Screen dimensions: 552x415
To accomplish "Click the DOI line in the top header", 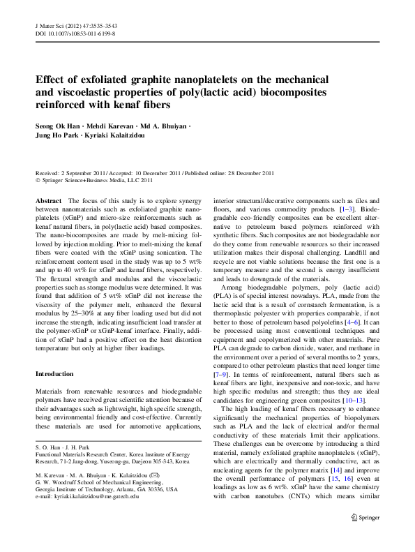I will (75, 33).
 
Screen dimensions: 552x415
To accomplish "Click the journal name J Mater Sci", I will (50, 24).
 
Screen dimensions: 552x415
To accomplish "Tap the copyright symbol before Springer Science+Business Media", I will (38, 179).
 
